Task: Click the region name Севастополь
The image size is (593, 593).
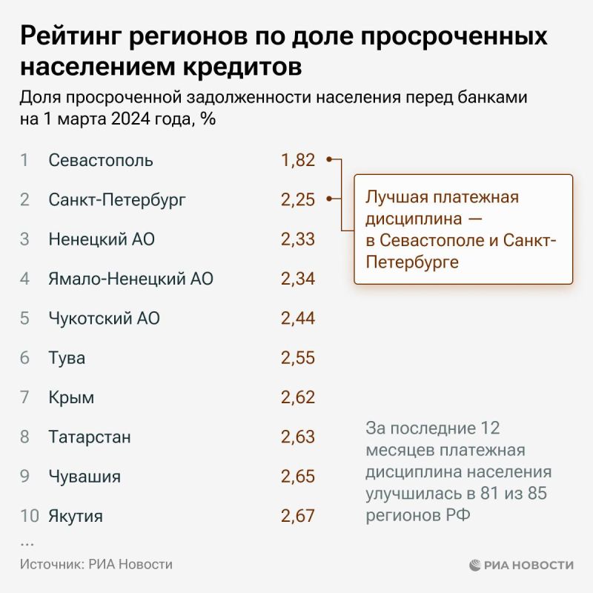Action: point(100,160)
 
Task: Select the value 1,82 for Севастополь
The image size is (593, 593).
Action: point(298,160)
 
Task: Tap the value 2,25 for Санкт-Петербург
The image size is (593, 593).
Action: point(298,199)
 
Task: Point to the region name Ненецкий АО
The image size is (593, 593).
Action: point(102,239)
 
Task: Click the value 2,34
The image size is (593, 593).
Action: point(298,279)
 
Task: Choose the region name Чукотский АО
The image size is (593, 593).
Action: point(104,319)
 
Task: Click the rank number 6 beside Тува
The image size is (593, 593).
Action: point(24,358)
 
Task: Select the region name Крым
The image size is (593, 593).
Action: point(71,397)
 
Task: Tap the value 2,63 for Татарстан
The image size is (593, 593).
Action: point(298,437)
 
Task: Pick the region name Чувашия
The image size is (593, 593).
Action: point(85,476)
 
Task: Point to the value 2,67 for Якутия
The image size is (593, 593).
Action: point(298,516)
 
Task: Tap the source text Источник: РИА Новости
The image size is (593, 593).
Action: point(96,564)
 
